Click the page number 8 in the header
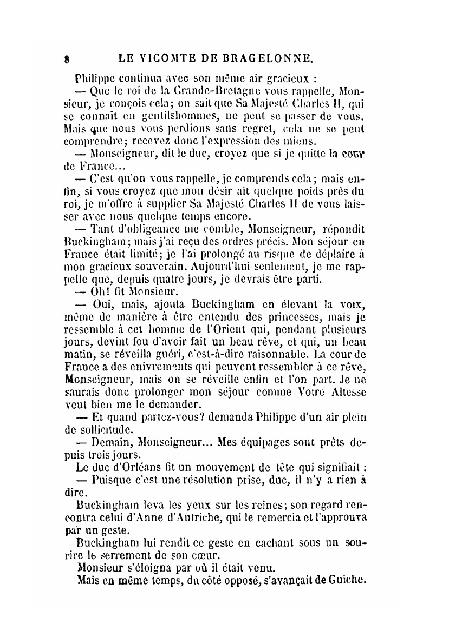(x=64, y=57)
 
